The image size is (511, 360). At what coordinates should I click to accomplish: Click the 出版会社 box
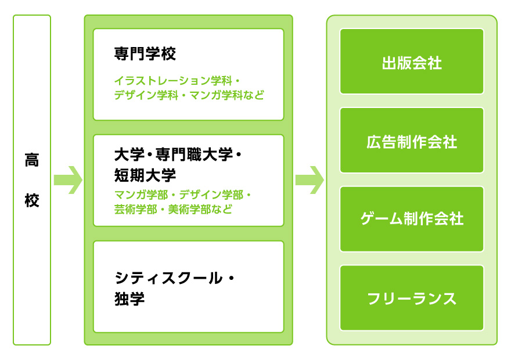click(x=412, y=62)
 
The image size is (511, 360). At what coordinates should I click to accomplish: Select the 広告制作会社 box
click(x=412, y=141)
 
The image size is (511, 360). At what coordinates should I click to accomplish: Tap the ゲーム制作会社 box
click(x=412, y=219)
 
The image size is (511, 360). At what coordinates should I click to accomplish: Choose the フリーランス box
click(x=412, y=298)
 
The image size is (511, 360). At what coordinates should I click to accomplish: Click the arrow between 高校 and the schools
click(x=67, y=179)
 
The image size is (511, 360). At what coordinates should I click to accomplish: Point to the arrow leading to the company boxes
click(x=309, y=179)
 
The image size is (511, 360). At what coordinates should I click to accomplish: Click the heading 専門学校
click(x=145, y=55)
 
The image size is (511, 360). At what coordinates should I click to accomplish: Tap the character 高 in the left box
click(x=32, y=160)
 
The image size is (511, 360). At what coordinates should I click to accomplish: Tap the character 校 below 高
click(x=32, y=201)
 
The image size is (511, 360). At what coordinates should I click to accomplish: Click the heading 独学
click(x=129, y=300)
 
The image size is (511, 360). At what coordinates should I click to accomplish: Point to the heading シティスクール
click(x=168, y=278)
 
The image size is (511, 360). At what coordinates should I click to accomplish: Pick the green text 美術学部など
click(x=200, y=209)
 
